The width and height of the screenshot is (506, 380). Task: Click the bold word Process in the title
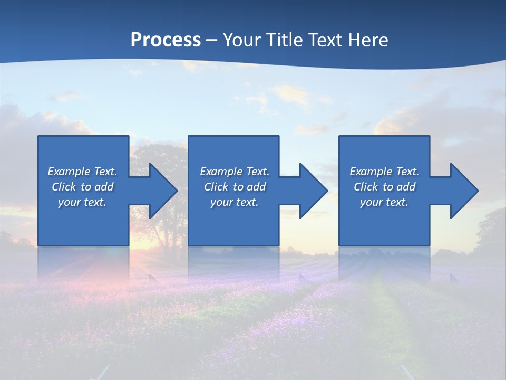click(x=166, y=40)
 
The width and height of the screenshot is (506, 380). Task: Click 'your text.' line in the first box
click(x=82, y=202)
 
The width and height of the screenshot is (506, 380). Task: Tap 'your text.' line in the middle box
click(x=234, y=202)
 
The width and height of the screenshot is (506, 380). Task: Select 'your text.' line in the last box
click(x=384, y=202)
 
